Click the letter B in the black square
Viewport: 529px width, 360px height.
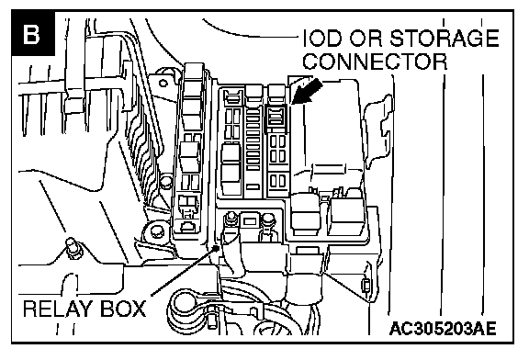click(32, 34)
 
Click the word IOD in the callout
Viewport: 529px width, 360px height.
click(323, 38)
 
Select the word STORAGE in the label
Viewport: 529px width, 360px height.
click(445, 38)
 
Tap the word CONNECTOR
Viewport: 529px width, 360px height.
click(375, 62)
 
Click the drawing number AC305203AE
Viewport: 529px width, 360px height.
click(443, 328)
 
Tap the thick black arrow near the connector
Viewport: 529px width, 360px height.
click(307, 91)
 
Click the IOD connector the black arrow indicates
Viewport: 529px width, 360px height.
click(276, 118)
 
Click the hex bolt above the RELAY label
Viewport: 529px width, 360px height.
click(73, 249)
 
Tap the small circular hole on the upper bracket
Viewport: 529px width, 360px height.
click(163, 83)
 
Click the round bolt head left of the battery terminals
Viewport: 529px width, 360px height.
click(155, 231)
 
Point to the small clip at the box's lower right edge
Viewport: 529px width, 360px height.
click(366, 285)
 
